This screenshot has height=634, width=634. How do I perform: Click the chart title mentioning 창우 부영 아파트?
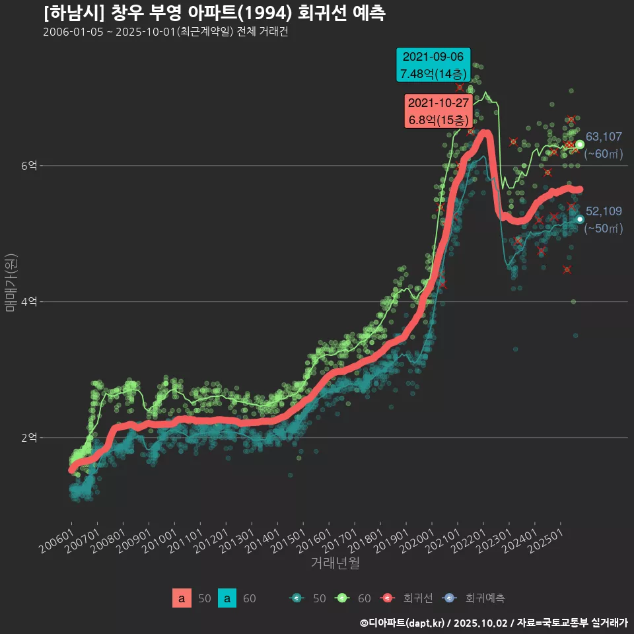click(x=215, y=13)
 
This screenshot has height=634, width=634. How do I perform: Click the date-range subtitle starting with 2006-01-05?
click(x=165, y=32)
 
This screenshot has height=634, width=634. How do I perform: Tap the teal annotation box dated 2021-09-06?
click(x=433, y=65)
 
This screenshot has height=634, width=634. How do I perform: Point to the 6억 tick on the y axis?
click(x=28, y=166)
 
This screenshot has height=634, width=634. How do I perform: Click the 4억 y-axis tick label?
click(x=28, y=302)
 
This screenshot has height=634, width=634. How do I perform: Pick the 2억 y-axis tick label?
click(x=28, y=437)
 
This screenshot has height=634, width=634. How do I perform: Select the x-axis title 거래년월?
click(x=335, y=563)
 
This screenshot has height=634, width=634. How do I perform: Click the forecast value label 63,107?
click(x=604, y=137)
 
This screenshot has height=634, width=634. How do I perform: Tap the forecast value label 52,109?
click(x=604, y=211)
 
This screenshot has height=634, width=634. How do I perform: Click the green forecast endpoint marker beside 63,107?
click(x=580, y=145)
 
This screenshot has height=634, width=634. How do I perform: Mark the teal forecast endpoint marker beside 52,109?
click(x=580, y=219)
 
